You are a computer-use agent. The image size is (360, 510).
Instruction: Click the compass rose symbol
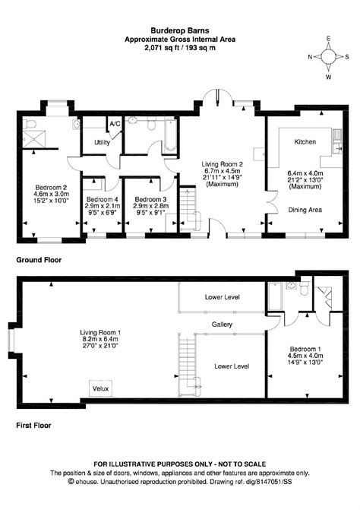[328, 56]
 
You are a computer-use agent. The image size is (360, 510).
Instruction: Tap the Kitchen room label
[305, 141]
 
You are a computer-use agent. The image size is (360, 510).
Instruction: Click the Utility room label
[102, 142]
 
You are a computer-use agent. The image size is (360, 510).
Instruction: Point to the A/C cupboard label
[115, 123]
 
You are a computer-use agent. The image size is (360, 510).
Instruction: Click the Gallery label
[223, 323]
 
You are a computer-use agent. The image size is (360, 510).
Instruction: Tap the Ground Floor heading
[39, 259]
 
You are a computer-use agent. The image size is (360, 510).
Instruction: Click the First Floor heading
[35, 426]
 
